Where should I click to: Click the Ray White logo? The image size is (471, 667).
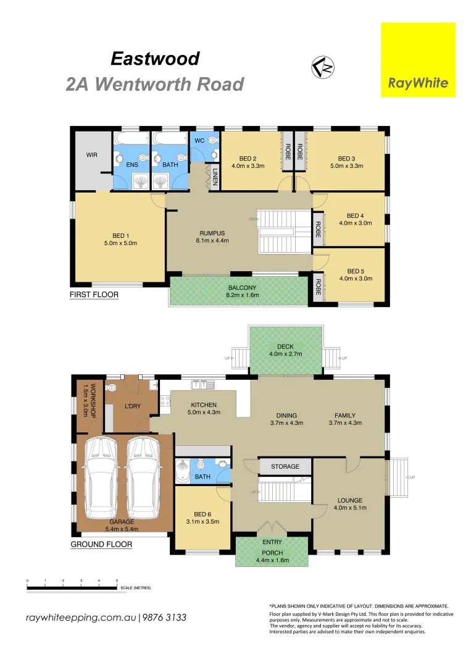click(x=418, y=60)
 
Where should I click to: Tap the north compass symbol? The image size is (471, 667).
click(x=322, y=65)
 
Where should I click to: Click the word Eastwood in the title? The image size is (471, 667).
click(x=155, y=59)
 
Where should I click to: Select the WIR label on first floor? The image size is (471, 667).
click(x=92, y=154)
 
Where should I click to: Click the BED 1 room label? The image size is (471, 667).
click(x=120, y=235)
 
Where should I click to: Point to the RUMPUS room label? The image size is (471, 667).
click(x=212, y=233)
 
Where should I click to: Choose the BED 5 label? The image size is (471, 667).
click(x=356, y=271)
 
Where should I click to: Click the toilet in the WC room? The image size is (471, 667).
click(x=213, y=140)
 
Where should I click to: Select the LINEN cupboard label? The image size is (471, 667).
click(x=215, y=177)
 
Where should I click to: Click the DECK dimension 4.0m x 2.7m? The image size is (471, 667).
click(x=285, y=354)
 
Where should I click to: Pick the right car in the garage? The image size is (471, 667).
click(x=144, y=480)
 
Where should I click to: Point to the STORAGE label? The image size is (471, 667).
click(x=285, y=466)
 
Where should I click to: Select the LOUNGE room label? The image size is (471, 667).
click(x=350, y=500)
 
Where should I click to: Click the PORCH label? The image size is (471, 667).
click(x=272, y=553)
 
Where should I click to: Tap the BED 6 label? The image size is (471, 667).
click(x=203, y=514)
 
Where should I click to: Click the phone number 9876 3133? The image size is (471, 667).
click(x=165, y=618)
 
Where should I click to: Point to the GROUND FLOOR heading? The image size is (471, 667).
click(x=101, y=544)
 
